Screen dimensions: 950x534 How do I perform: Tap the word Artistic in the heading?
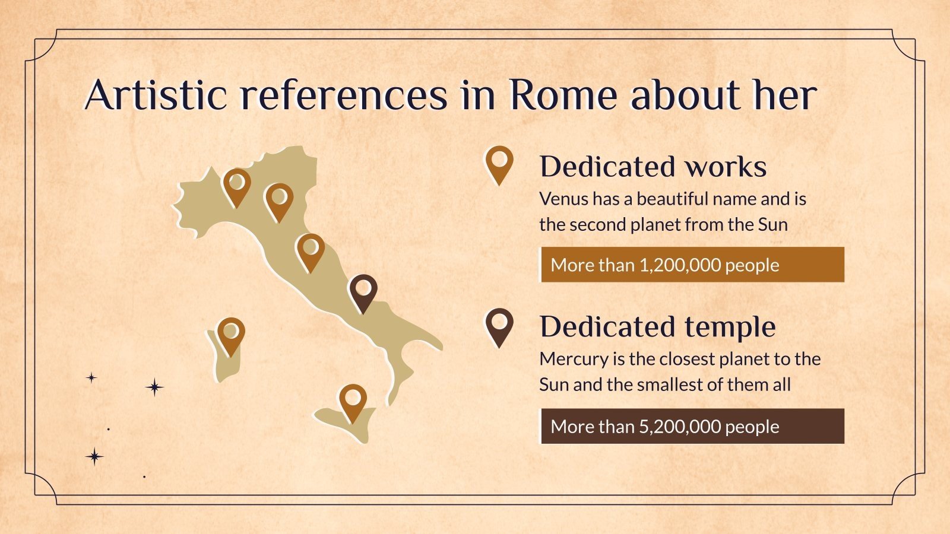156,94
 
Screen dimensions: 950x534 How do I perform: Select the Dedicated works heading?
653,167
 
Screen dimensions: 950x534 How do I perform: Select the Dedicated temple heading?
658,327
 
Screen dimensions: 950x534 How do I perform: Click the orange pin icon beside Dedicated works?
499,166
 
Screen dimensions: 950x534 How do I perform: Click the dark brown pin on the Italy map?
363,293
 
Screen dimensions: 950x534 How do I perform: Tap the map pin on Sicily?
353,403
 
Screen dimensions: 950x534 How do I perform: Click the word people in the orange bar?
752,266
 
